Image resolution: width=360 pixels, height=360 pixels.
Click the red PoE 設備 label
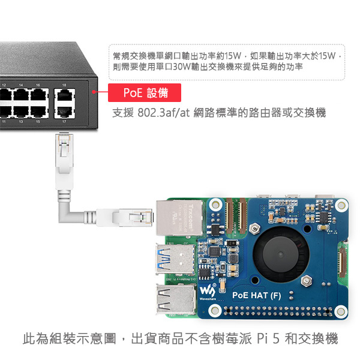point(145,92)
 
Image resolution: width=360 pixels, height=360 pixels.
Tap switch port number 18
point(64,95)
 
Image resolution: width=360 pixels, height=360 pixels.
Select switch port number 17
point(64,111)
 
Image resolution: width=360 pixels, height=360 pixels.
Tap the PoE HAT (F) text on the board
point(256,295)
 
